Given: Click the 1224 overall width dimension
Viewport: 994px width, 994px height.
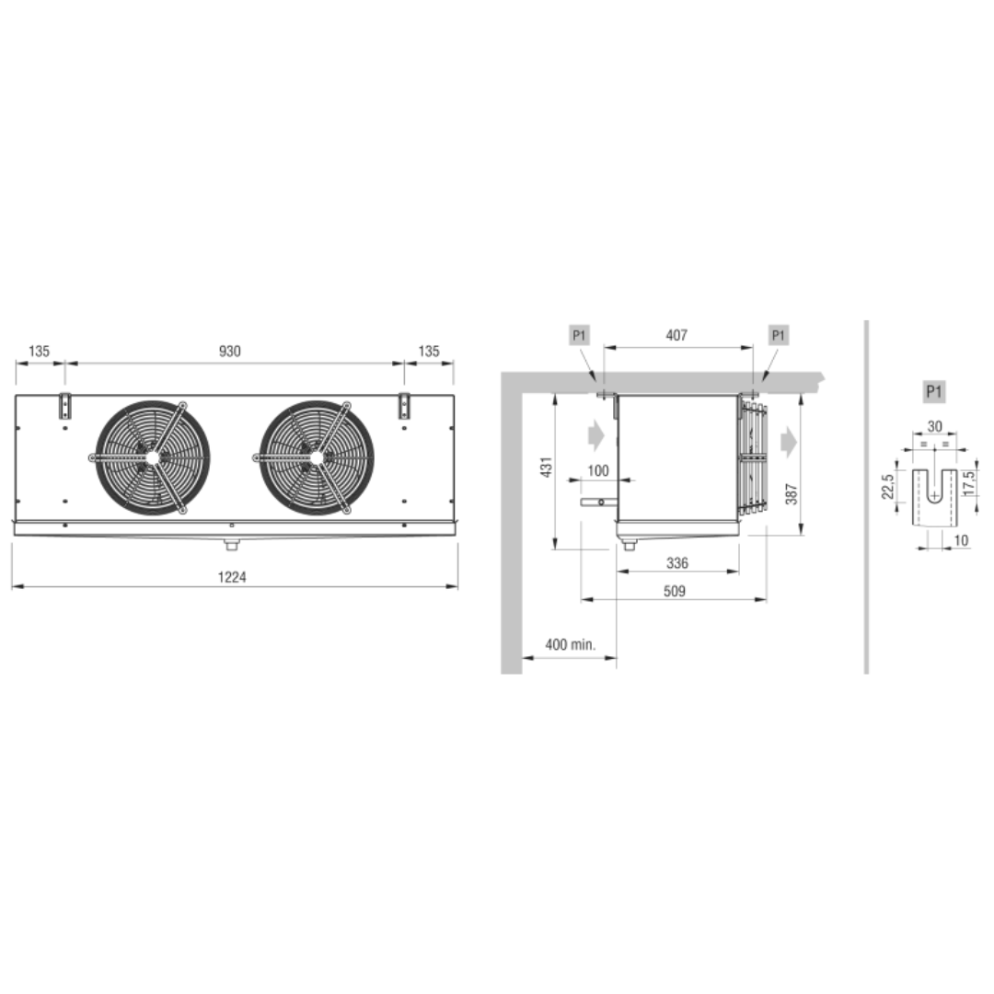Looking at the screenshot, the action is [x=231, y=577].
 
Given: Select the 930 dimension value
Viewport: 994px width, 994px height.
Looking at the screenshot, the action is [x=229, y=352].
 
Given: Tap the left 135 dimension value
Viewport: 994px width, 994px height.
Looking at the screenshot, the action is [x=39, y=352].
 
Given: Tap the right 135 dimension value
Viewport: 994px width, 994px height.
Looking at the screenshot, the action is [x=429, y=352].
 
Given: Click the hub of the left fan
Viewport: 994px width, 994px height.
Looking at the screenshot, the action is [x=152, y=457].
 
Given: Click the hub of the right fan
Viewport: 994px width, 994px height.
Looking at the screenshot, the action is [x=317, y=457].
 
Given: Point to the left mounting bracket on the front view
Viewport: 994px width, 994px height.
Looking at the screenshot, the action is [x=64, y=407].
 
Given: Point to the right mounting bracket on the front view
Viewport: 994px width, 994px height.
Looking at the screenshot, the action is [x=404, y=407].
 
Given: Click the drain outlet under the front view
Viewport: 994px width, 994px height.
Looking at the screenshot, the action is [x=231, y=544].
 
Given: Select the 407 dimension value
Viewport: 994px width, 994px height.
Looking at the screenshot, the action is [x=676, y=335].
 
